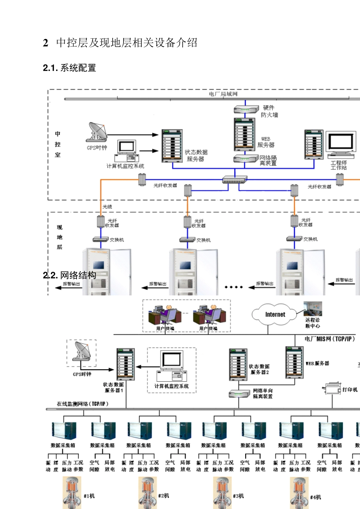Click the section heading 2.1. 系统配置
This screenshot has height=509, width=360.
tap(69, 68)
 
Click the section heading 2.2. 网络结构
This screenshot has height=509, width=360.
tap(70, 275)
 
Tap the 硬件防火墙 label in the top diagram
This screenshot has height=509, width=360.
tap(269, 111)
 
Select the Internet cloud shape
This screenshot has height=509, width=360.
tap(275, 314)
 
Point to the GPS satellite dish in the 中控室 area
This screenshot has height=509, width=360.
tap(97, 132)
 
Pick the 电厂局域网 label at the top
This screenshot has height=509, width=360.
tap(223, 94)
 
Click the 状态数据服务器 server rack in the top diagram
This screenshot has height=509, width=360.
tap(172, 146)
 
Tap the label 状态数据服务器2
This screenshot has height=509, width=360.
tap(259, 369)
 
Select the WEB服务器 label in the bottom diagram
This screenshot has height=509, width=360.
tap(318, 363)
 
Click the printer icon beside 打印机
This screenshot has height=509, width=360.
tap(333, 389)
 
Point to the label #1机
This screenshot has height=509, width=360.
tap(89, 496)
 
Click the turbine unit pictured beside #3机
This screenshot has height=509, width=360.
tap(222, 493)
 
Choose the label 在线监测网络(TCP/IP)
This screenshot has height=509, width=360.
tap(83, 404)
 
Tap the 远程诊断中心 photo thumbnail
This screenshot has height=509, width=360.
tap(313, 309)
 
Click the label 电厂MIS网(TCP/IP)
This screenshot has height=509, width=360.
tap(330, 339)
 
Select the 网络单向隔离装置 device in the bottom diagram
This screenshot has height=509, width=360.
tap(239, 394)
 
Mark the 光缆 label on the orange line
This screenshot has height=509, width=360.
tap(107, 207)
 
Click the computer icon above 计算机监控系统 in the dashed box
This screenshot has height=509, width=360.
tap(172, 365)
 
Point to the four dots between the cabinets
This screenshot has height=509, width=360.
tap(233, 287)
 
